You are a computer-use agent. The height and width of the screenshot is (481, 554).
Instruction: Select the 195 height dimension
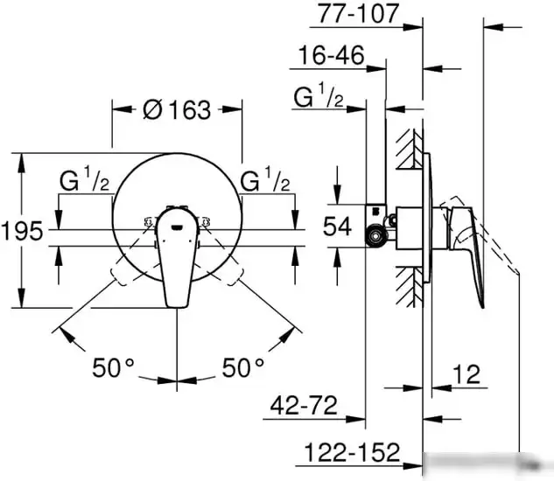tap(22, 232)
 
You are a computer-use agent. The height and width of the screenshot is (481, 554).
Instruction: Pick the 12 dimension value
tap(467, 376)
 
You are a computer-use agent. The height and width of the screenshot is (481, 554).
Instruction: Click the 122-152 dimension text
tap(354, 453)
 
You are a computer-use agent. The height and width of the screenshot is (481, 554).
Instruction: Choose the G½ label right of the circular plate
tap(264, 183)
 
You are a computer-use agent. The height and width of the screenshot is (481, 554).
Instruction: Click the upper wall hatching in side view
tap(409, 153)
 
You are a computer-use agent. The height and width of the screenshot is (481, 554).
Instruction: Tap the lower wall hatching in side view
tap(409, 289)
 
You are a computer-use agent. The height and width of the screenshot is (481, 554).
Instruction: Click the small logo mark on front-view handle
tap(178, 229)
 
